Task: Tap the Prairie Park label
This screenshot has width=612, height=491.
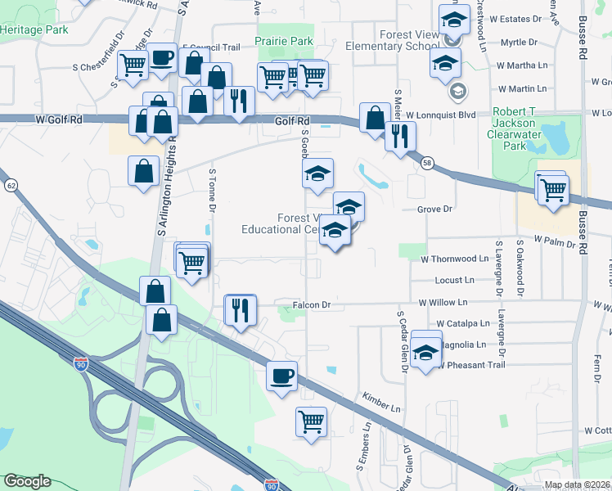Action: (x=284, y=41)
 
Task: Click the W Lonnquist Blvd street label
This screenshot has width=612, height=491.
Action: (x=440, y=115)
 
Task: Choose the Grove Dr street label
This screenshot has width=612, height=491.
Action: (x=434, y=209)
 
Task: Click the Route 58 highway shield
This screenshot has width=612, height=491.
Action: (x=427, y=164)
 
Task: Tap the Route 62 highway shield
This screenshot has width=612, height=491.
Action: (x=11, y=186)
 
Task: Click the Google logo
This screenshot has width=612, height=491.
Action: (x=27, y=481)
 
